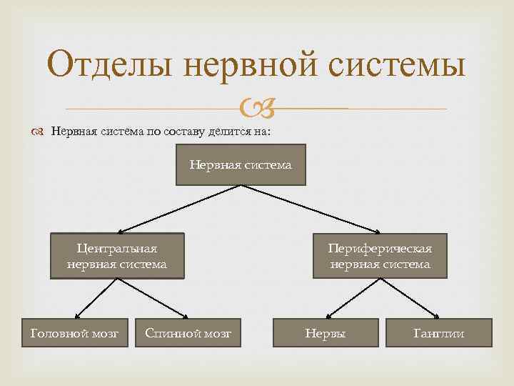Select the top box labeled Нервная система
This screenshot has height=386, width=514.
(241, 164)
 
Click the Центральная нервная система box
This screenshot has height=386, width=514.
(117, 255)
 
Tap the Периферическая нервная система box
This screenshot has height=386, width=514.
(380, 255)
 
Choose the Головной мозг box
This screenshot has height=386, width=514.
(74, 333)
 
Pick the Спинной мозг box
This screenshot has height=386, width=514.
(188, 333)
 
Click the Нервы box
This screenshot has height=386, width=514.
(325, 333)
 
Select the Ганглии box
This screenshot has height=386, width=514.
(438, 333)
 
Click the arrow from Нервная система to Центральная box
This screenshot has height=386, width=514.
(178, 209)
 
